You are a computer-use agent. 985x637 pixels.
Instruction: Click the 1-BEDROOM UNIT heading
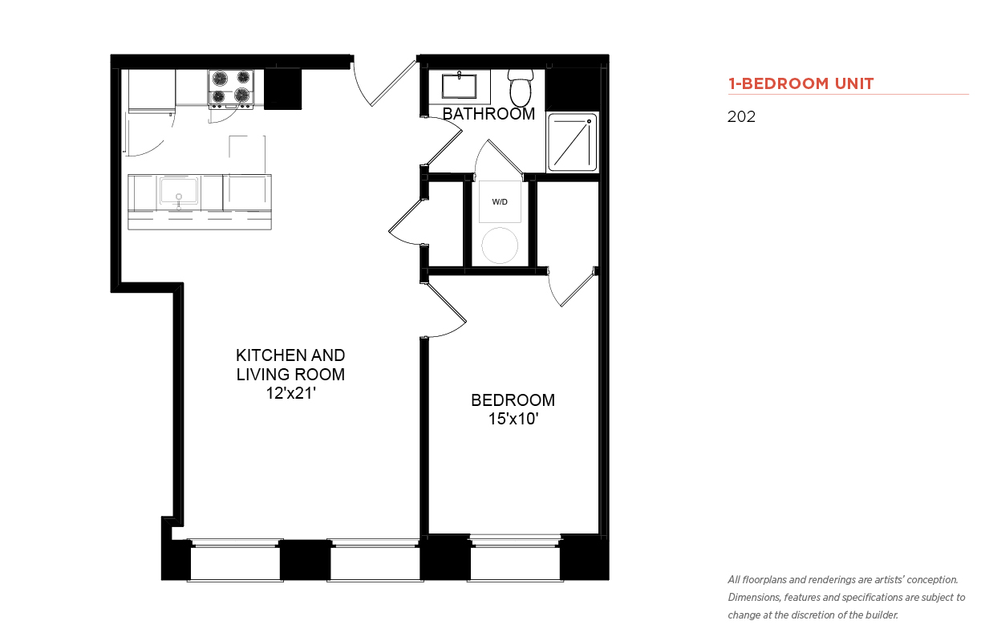(801, 83)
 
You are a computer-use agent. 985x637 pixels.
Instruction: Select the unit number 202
(741, 116)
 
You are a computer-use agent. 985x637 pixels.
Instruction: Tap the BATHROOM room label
(488, 114)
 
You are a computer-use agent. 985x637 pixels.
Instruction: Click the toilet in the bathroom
(521, 87)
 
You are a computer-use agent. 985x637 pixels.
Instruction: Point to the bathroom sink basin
(459, 86)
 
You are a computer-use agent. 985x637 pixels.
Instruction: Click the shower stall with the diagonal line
(572, 143)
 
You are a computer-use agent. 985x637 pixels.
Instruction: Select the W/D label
(500, 202)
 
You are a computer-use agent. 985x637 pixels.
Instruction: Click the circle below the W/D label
(500, 245)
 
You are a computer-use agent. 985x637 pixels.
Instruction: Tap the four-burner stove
(231, 89)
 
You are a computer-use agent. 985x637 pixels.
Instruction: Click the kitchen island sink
(179, 193)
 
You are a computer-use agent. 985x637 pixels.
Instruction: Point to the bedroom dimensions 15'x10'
(513, 419)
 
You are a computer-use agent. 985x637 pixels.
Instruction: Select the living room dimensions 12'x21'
(290, 393)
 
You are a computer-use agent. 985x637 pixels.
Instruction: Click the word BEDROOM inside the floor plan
(513, 400)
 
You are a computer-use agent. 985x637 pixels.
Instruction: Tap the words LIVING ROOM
(290, 375)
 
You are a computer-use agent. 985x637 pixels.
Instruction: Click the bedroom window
(515, 558)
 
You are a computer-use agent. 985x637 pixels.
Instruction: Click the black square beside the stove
(283, 89)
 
